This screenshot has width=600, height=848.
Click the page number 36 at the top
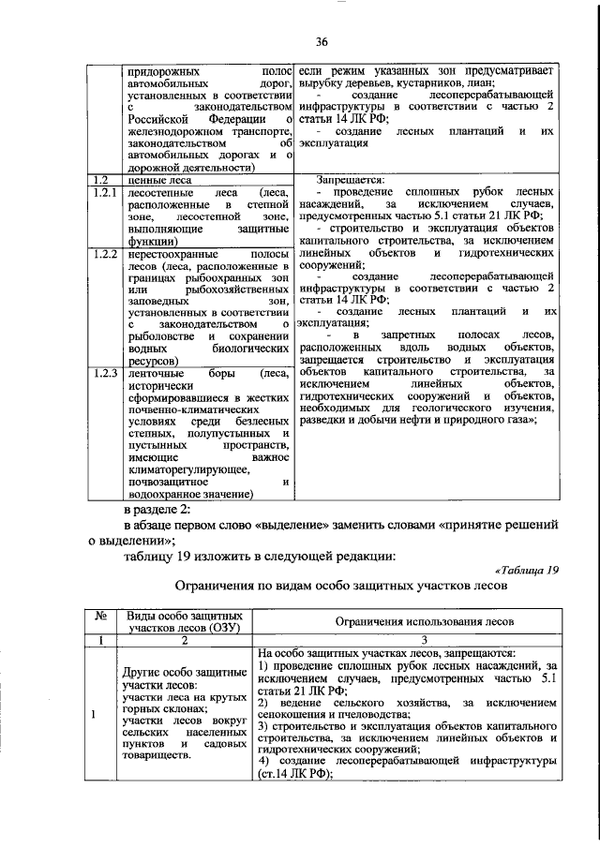[321, 41]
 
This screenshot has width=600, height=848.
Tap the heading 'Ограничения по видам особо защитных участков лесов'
[341, 588]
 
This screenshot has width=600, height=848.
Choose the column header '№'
[100, 618]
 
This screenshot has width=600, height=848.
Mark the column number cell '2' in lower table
[183, 640]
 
